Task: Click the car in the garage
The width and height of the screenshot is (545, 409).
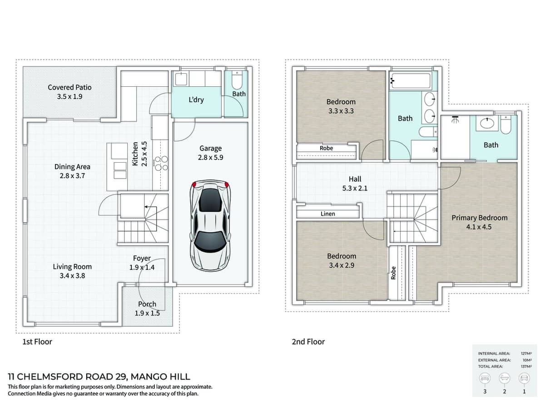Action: pyautogui.click(x=210, y=225)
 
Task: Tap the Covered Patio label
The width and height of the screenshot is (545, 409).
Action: pyautogui.click(x=69, y=87)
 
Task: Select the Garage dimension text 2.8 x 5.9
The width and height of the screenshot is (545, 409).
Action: pyautogui.click(x=210, y=158)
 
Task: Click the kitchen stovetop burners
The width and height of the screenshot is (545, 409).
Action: pyautogui.click(x=161, y=164)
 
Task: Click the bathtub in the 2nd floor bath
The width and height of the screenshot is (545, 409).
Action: pyautogui.click(x=411, y=81)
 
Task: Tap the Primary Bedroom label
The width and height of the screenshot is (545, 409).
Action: pyautogui.click(x=479, y=218)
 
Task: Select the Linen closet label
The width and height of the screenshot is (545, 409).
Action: pyautogui.click(x=328, y=214)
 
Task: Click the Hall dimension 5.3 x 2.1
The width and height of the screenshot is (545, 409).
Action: pyautogui.click(x=355, y=188)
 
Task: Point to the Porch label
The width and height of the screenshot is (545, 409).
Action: pyautogui.click(x=147, y=304)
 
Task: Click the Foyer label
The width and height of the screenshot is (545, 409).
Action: pyautogui.click(x=142, y=258)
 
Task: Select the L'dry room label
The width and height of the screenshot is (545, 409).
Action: pyautogui.click(x=196, y=100)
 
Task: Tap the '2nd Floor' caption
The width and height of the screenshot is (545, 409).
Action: pyautogui.click(x=308, y=342)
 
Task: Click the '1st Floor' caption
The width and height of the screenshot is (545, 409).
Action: pyautogui.click(x=37, y=342)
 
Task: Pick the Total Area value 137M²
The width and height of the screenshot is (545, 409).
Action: pyautogui.click(x=526, y=366)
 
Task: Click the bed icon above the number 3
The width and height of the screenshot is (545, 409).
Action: pyautogui.click(x=484, y=378)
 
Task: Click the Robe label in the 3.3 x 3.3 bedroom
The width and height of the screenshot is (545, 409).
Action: pyautogui.click(x=326, y=148)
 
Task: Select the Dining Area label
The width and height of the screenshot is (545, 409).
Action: pyautogui.click(x=72, y=167)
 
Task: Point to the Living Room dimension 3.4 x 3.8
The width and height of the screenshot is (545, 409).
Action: pyautogui.click(x=72, y=275)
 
